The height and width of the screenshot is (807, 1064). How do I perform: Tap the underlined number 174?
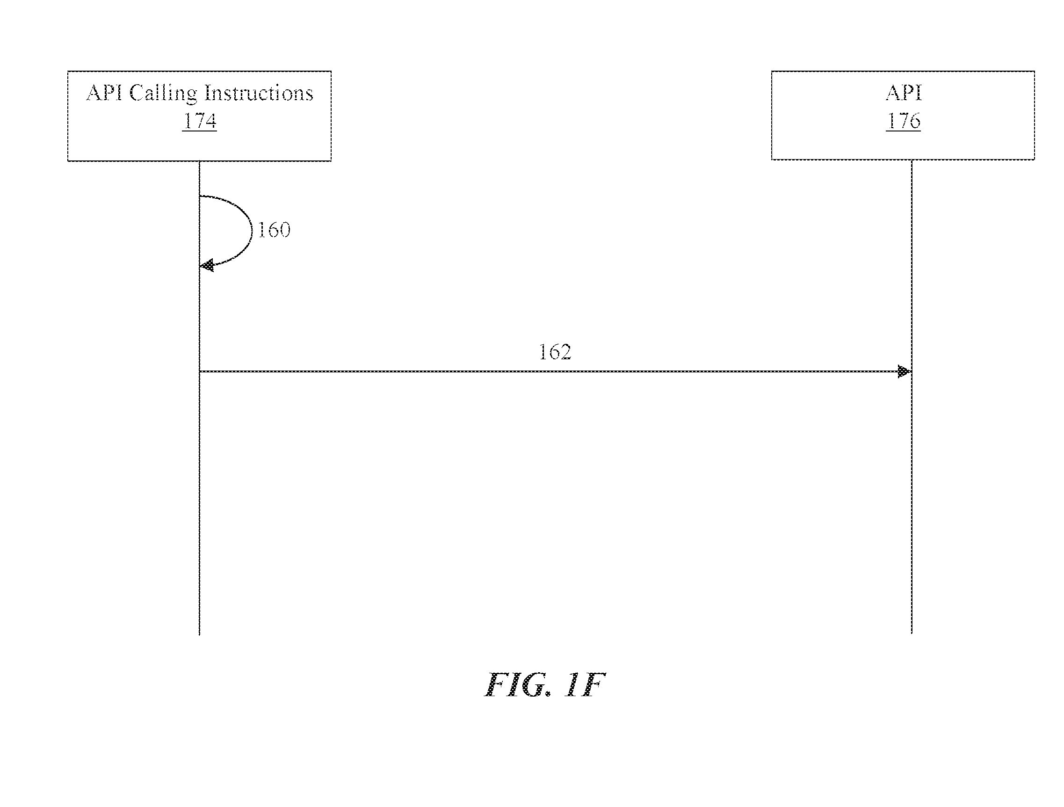(200, 121)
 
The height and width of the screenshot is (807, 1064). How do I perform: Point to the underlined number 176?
(903, 121)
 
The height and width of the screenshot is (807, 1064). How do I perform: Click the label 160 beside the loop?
(274, 230)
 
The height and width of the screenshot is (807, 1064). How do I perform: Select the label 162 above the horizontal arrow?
(555, 352)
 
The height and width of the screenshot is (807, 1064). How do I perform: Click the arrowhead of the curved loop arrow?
(207, 265)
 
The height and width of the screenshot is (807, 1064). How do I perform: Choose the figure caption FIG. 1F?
(544, 685)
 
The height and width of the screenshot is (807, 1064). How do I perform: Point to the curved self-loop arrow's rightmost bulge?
(251, 230)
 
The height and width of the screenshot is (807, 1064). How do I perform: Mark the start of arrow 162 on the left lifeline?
(200, 371)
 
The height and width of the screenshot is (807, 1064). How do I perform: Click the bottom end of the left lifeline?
(200, 635)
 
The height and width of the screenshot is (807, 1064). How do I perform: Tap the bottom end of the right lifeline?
(912, 633)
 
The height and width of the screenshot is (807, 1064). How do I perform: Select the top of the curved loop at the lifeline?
(200, 196)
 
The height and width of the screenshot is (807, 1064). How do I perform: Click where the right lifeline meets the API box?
(912, 160)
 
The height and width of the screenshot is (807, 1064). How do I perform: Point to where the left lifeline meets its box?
(200, 161)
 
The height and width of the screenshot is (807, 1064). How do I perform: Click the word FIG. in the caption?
(518, 685)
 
